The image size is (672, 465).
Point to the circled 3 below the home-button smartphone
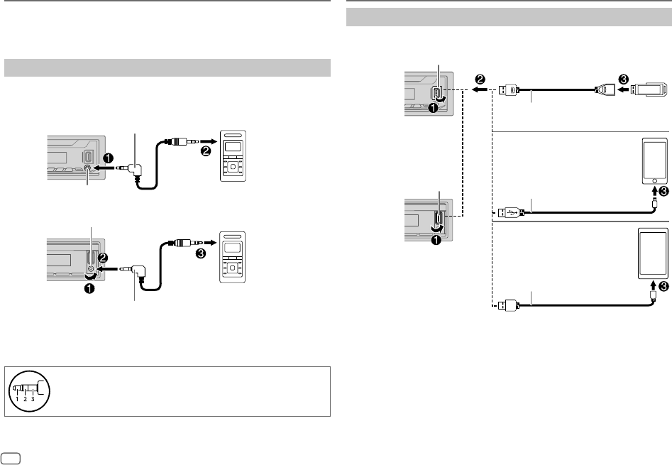coord(663,211)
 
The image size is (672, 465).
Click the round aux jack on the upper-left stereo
coord(87,169)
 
